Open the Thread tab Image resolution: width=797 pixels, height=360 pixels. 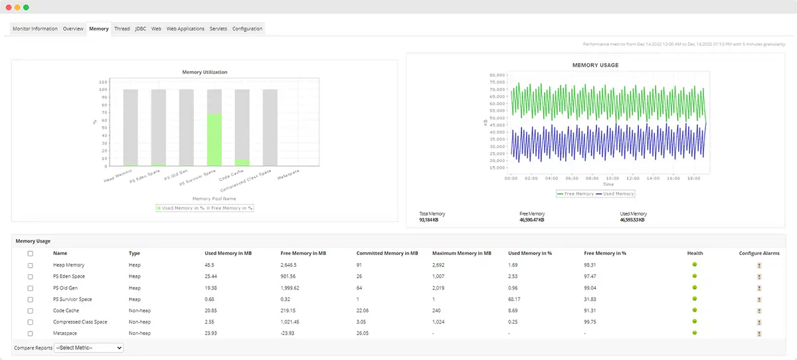[x=122, y=29]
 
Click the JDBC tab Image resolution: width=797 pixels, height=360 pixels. [x=140, y=29]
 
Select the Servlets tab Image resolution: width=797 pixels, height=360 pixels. [x=218, y=29]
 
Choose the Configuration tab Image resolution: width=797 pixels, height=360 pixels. [x=247, y=29]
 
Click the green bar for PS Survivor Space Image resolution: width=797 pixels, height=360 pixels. [x=214, y=139]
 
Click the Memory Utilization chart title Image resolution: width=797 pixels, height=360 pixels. [x=205, y=72]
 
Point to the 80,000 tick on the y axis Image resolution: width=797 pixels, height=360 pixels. [x=497, y=75]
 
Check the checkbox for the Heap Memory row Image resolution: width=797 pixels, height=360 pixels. [x=30, y=265]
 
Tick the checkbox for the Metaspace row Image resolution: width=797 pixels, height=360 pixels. [x=30, y=333]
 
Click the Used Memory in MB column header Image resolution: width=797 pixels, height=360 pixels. [x=228, y=253]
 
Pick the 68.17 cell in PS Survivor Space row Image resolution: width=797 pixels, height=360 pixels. [x=515, y=299]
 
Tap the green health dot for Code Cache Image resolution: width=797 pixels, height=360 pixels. [x=695, y=310]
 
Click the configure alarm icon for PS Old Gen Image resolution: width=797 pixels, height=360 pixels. [x=758, y=288]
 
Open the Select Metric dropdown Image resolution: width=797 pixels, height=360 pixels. [x=88, y=348]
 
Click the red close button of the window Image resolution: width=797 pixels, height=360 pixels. [x=9, y=7]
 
